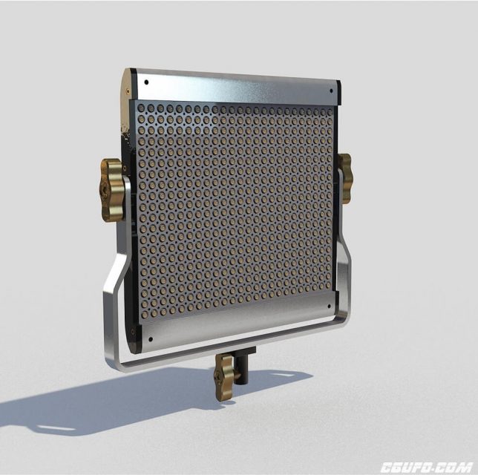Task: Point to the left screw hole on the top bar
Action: point(147,82)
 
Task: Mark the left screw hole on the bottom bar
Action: point(151,339)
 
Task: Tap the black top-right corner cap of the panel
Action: point(338,92)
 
